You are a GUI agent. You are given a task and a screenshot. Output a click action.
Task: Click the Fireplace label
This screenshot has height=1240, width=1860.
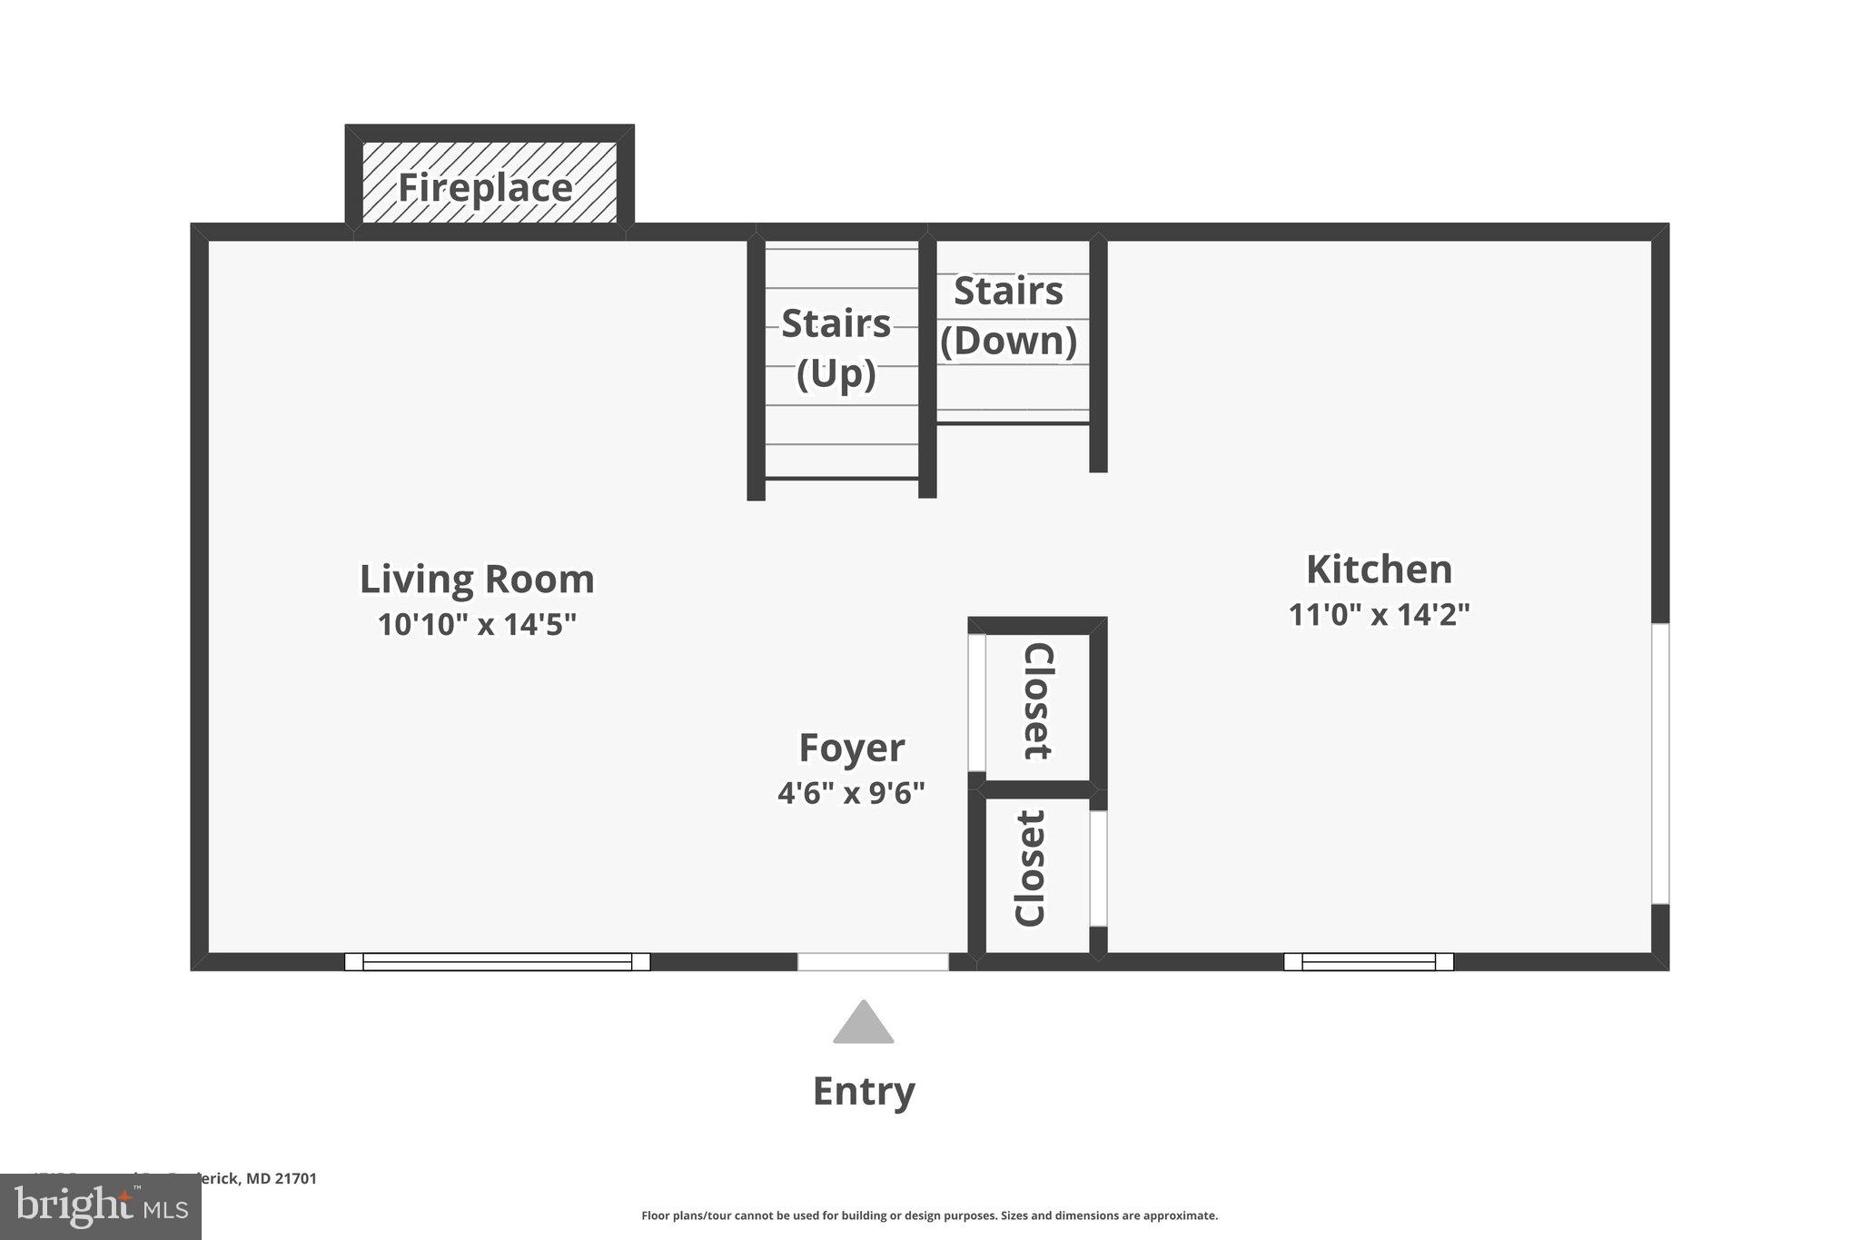coord(486,188)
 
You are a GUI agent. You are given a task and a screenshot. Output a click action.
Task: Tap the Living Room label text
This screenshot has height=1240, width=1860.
coord(477,580)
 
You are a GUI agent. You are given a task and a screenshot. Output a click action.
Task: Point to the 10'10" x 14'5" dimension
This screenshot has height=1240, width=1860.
coord(477,625)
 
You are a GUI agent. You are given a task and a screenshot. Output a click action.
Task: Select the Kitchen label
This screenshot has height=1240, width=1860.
coord(1379,570)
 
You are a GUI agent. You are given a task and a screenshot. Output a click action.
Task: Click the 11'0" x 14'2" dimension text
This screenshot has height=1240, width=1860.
coord(1379,615)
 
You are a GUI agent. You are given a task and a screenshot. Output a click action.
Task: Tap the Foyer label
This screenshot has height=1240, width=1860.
coord(851,748)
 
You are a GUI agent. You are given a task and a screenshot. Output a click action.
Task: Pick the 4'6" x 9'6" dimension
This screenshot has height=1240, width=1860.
coord(851,793)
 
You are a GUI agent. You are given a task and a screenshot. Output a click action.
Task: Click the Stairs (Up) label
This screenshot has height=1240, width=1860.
coord(836,348)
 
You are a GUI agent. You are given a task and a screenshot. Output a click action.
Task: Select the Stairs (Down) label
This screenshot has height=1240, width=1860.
coord(1008,315)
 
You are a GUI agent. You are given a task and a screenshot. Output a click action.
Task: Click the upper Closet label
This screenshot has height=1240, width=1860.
coord(1038,700)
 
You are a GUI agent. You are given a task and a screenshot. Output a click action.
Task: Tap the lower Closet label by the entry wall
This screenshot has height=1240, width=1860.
coord(1030,868)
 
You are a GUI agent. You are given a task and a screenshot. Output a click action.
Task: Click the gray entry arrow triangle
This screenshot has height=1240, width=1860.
coord(863,1025)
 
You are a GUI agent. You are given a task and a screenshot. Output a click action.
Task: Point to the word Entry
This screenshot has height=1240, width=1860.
coord(863,1091)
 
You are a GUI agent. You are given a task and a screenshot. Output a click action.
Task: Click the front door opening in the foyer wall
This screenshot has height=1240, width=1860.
coord(873,962)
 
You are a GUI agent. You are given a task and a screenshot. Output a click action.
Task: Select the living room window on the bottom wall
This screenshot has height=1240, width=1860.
coord(497,962)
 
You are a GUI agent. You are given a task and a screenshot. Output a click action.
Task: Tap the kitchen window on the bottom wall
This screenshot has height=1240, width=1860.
coord(1368,962)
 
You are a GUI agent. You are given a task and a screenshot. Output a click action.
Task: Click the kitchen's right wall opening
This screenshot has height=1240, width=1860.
coord(1659,763)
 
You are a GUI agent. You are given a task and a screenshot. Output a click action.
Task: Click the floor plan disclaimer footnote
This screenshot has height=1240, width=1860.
coord(929,1215)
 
